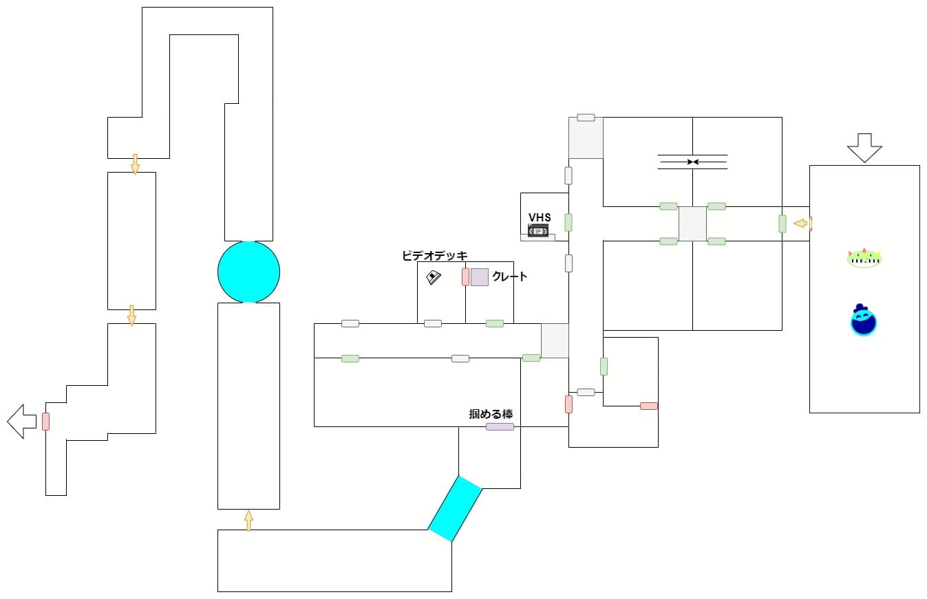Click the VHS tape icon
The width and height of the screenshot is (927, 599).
click(x=537, y=230)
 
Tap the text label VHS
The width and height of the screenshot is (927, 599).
click(x=540, y=217)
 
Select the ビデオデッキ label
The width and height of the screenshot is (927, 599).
click(x=434, y=256)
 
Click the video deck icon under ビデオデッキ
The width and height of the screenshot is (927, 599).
click(x=434, y=278)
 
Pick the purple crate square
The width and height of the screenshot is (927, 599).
click(x=480, y=276)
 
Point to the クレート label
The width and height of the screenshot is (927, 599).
click(x=510, y=276)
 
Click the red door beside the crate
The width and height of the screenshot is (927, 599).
click(x=465, y=276)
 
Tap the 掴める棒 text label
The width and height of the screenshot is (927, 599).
click(x=491, y=414)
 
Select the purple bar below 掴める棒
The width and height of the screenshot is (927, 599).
click(x=500, y=426)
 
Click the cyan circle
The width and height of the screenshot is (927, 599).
click(x=248, y=272)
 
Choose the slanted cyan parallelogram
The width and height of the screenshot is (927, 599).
click(x=455, y=508)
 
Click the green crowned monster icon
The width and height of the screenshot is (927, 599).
click(x=864, y=258)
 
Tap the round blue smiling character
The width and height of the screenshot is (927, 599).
click(x=863, y=320)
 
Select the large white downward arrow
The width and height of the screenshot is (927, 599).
click(x=864, y=147)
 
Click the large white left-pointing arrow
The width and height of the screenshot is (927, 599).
click(x=21, y=421)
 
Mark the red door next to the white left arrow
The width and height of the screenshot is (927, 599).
click(x=45, y=421)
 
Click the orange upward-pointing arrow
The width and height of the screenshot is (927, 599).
click(x=248, y=520)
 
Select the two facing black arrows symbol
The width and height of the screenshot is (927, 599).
click(x=692, y=162)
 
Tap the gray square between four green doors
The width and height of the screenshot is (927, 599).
click(x=692, y=224)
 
